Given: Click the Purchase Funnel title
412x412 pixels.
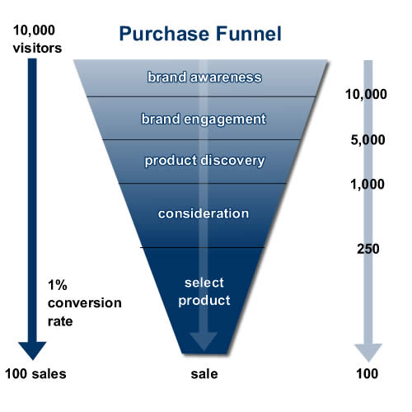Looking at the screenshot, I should pos(200,35).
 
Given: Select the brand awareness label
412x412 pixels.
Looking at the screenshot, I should pos(204,78).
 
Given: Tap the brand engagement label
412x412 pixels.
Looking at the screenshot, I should pos(204,119).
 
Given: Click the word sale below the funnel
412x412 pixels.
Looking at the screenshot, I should pos(204,374).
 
